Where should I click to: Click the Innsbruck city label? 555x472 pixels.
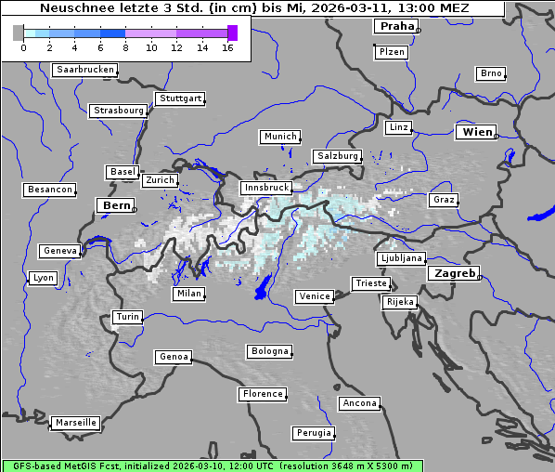(265, 188)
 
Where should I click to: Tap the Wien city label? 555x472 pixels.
(477, 133)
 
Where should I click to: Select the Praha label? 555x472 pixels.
(396, 26)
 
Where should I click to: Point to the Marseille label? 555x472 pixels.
(75, 423)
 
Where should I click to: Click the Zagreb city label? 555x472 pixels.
(453, 274)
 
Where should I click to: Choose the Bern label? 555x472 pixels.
(116, 205)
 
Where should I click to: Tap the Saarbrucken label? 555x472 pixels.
(85, 70)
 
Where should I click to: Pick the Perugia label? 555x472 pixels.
(314, 433)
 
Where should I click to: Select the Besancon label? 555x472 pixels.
(50, 190)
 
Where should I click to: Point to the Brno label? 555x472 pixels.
(491, 73)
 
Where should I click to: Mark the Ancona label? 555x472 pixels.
(359, 403)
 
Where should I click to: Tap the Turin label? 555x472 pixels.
(128, 317)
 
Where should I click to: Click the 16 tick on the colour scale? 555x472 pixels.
(227, 47)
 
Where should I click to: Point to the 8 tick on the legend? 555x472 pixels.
(125, 47)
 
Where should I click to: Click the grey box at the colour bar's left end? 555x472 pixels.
(19, 33)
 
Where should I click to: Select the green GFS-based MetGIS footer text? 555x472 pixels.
(212, 465)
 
